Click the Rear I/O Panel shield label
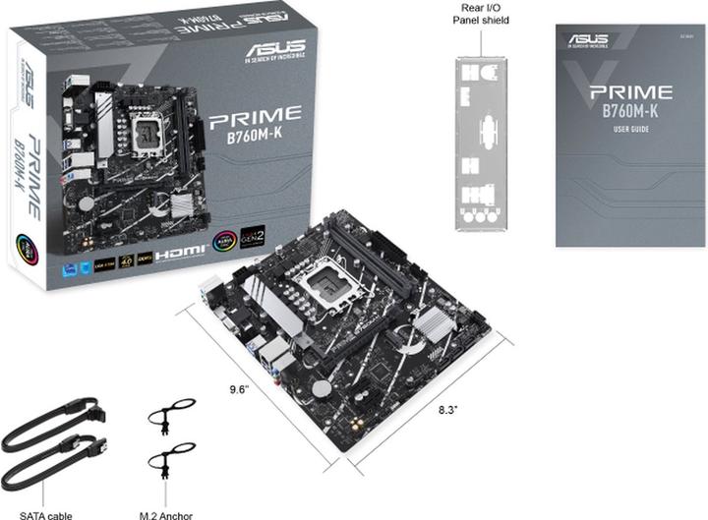click(482, 13)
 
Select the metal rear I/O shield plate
click(482, 143)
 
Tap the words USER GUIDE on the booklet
click(629, 131)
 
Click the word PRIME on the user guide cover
click(630, 92)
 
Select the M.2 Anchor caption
click(166, 513)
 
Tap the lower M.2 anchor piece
click(170, 461)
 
